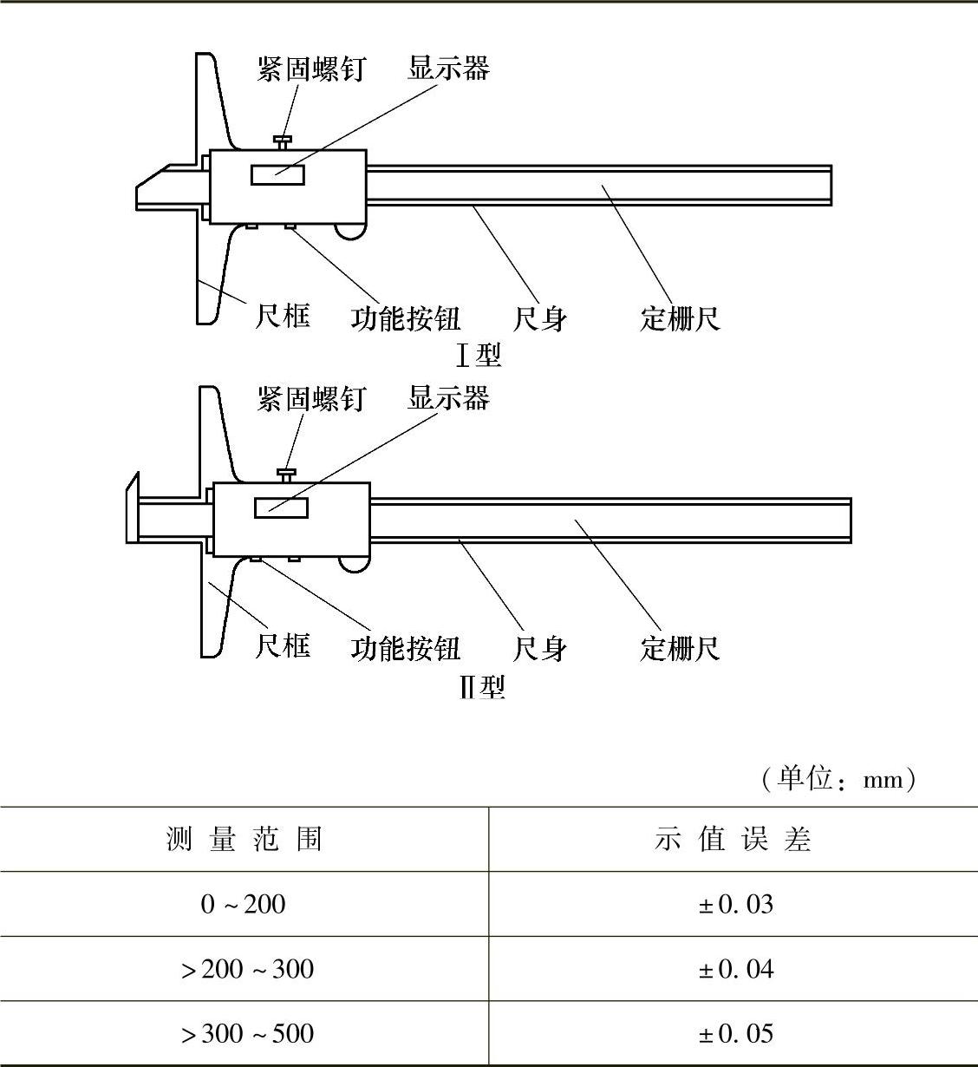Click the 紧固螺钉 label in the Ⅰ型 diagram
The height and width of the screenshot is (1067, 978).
[311, 69]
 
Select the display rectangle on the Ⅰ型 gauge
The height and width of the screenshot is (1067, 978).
[277, 175]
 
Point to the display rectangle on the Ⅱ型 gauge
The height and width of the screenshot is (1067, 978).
[281, 508]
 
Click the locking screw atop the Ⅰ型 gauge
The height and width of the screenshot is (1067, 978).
[283, 142]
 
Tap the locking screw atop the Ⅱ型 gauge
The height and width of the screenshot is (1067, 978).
[287, 475]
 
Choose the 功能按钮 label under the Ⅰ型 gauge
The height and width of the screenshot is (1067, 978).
[405, 318]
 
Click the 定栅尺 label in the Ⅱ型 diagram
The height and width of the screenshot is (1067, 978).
[681, 648]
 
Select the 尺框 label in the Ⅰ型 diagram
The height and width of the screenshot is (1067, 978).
[283, 316]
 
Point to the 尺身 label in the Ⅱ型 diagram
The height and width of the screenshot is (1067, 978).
[540, 648]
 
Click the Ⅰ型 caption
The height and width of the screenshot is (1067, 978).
[479, 356]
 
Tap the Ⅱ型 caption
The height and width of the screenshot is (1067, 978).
[482, 687]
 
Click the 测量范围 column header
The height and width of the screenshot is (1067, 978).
[244, 840]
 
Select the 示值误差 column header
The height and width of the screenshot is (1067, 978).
[733, 840]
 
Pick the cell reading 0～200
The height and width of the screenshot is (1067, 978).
[243, 904]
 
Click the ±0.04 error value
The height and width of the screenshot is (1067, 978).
[736, 969]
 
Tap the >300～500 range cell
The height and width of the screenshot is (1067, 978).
[247, 1033]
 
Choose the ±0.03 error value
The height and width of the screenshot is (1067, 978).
[736, 904]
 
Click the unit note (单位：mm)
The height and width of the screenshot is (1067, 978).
[838, 780]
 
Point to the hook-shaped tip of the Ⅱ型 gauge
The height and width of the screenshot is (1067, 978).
[133, 508]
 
